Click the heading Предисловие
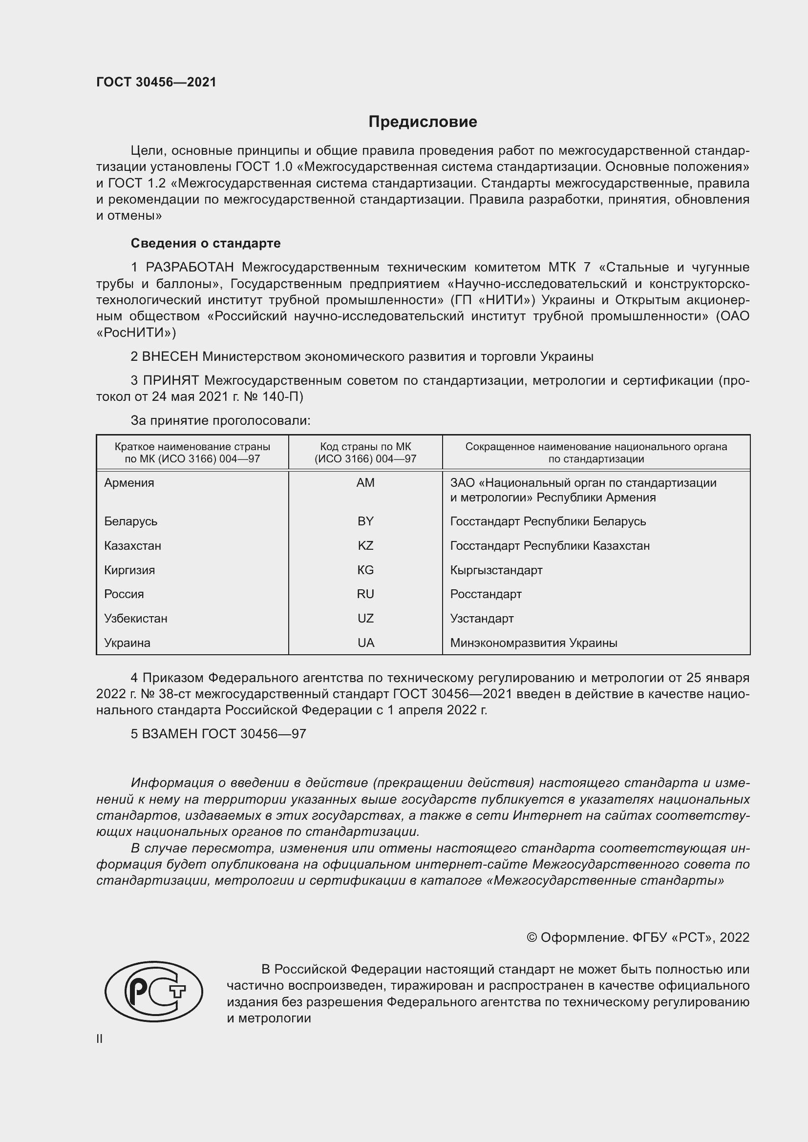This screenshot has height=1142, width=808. (x=423, y=122)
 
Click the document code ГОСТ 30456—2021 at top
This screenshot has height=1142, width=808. (x=156, y=82)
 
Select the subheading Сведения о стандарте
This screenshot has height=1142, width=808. (x=206, y=243)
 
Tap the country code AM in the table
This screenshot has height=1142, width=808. (x=365, y=482)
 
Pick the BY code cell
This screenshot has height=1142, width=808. (x=365, y=521)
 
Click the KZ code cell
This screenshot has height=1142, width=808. (x=365, y=546)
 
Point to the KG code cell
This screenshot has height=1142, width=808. (x=365, y=570)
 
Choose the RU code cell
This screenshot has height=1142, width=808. (x=365, y=594)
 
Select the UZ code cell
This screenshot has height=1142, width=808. (x=365, y=618)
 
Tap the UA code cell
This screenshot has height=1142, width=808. (x=365, y=643)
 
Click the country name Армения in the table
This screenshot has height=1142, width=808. (x=129, y=482)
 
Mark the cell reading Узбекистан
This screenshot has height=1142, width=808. (x=135, y=618)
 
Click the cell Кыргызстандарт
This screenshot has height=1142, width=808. (x=496, y=570)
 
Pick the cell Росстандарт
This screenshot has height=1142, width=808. (x=486, y=594)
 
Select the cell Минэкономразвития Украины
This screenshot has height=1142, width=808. (x=533, y=643)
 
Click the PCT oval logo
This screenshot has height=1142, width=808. (x=154, y=991)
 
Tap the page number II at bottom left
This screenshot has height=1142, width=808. (x=100, y=1038)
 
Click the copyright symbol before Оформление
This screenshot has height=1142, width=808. (x=532, y=937)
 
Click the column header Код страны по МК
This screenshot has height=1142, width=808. (x=365, y=447)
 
